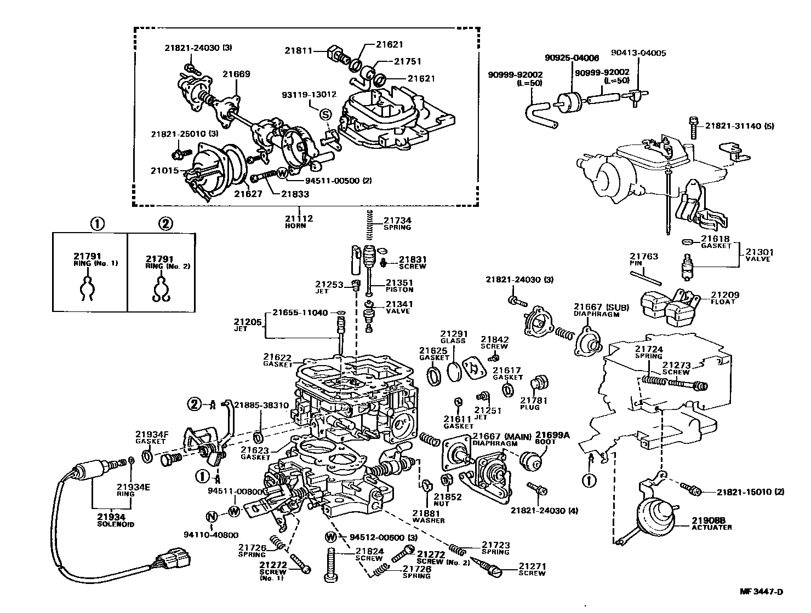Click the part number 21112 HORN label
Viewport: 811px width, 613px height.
click(x=299, y=222)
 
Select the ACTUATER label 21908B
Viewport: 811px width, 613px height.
click(x=711, y=524)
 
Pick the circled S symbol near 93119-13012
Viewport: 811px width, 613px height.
click(x=325, y=114)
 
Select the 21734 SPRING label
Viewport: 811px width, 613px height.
click(x=397, y=223)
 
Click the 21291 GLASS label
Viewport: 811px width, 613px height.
click(x=453, y=337)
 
